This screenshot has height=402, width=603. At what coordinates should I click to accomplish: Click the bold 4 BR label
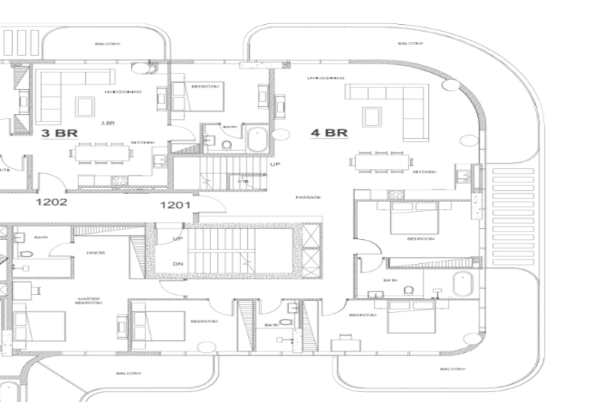(x=329, y=133)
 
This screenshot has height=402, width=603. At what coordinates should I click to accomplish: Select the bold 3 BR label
(x=60, y=133)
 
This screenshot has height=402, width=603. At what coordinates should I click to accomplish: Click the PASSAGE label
(x=308, y=198)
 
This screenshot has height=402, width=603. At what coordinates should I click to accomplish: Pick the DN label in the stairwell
(x=178, y=263)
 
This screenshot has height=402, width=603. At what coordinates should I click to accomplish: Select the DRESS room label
(x=96, y=253)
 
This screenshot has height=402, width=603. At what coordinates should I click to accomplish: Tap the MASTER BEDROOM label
(x=89, y=301)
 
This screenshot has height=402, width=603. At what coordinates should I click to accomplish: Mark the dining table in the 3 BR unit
(x=103, y=152)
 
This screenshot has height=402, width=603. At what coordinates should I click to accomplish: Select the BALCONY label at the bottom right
(x=451, y=369)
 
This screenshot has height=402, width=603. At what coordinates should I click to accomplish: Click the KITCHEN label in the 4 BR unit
(x=424, y=172)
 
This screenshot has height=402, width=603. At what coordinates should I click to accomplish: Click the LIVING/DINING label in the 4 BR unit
(x=326, y=78)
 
